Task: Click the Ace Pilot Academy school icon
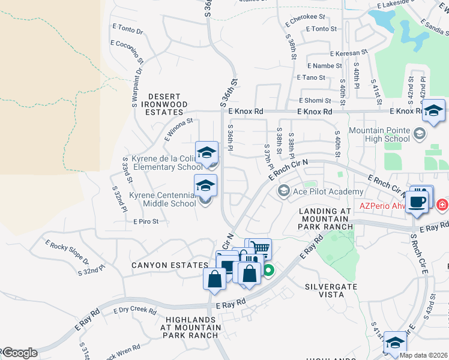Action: [283, 191]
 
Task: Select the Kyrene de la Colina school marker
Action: [206, 153]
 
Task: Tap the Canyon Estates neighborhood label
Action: [170, 265]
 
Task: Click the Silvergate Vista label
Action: [332, 290]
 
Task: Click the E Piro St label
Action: [146, 221]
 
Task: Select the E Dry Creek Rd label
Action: [135, 310]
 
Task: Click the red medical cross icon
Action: [443, 205]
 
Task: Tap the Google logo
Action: [20, 353]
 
